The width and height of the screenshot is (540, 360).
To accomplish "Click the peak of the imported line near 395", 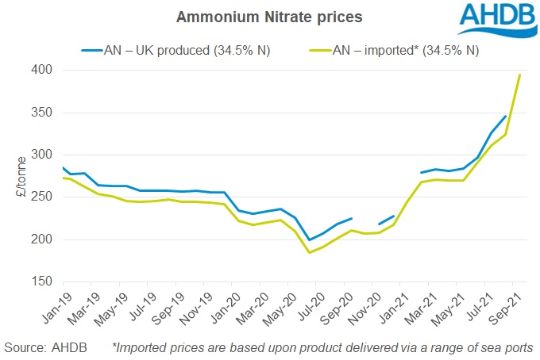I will click(x=519, y=75).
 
